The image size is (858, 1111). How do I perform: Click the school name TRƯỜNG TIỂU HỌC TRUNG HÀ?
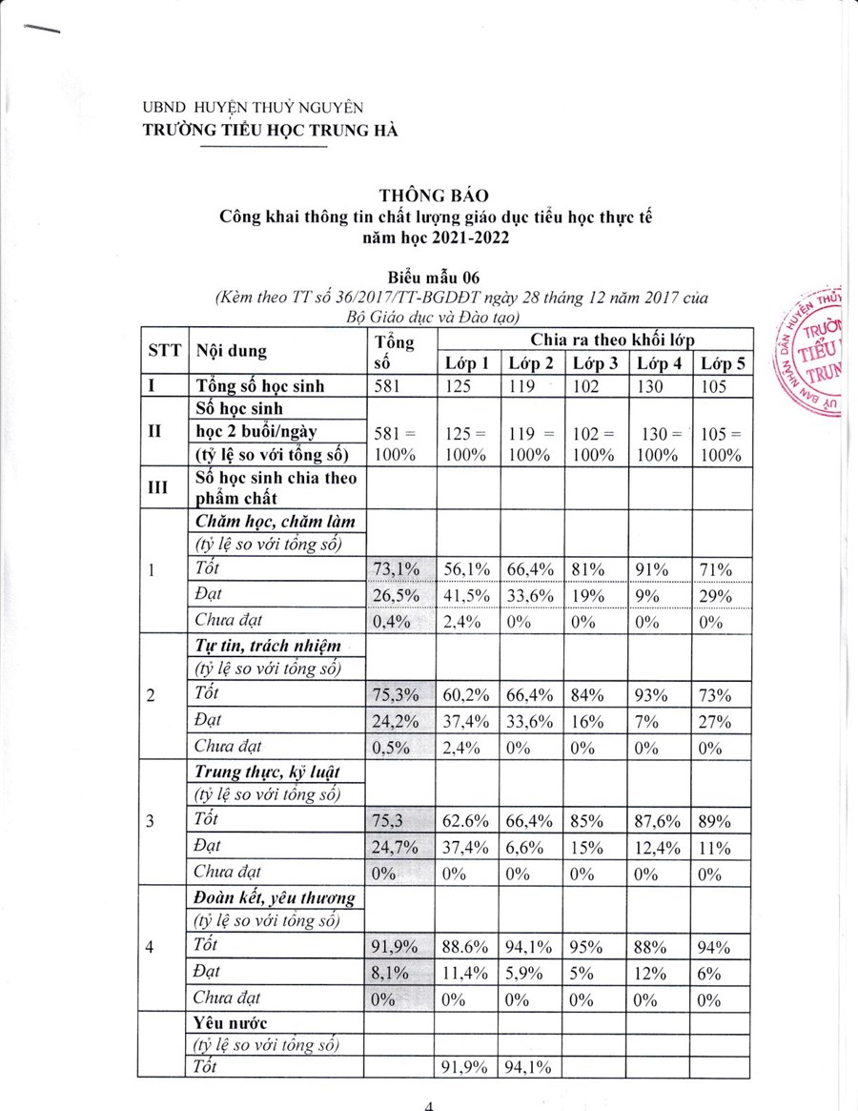(x=270, y=131)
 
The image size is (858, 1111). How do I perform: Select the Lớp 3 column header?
(x=594, y=363)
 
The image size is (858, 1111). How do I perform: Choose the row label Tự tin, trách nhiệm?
(x=267, y=646)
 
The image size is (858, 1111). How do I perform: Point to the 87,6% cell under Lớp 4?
(x=658, y=819)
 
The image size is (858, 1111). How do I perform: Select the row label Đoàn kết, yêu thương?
(x=275, y=897)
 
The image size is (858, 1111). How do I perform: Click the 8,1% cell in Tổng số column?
(x=392, y=973)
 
